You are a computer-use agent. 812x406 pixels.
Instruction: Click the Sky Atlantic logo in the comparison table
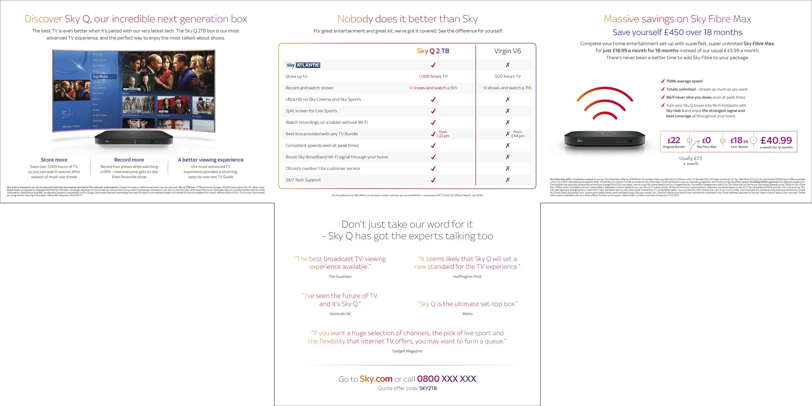coord(303,65)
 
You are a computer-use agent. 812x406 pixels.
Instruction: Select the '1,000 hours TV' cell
coord(433,76)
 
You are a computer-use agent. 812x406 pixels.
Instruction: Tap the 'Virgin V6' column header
coord(507,51)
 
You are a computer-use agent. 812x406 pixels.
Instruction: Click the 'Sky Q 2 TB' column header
coord(433,51)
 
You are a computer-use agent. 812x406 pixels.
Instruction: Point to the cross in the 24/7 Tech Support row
coord(507,180)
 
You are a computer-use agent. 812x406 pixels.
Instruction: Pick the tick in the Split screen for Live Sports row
coord(433,111)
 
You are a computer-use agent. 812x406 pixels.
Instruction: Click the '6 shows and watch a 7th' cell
coord(507,88)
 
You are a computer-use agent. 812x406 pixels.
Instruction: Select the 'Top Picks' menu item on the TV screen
coord(100,77)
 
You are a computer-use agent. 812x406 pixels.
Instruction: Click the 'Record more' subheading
coord(129,160)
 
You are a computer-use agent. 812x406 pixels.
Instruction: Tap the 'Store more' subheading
coord(54,160)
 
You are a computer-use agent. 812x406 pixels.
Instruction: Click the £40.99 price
coord(776,140)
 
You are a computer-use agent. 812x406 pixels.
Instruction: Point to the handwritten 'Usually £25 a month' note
coord(691,161)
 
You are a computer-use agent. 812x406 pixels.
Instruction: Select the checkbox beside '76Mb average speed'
coord(663,81)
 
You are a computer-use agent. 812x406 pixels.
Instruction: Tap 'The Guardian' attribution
coord(340,276)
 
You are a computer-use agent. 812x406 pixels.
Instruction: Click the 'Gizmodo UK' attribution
coord(340,314)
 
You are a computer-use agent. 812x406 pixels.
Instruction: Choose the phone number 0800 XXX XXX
coord(446,379)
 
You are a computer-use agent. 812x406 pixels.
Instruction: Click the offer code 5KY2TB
coord(428,388)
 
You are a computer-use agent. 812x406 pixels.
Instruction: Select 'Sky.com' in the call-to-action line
coord(376,379)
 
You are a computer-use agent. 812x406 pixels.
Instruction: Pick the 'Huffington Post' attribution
coord(467,276)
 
